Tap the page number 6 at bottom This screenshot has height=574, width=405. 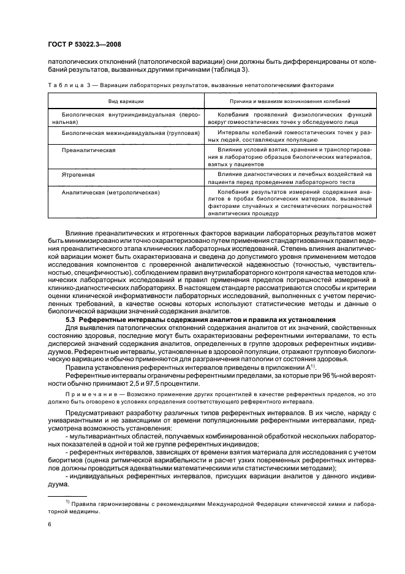click(x=50, y=525)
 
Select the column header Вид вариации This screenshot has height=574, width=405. click(x=126, y=100)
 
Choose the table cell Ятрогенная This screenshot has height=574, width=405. click(x=77, y=174)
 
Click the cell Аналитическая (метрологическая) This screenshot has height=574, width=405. click(x=111, y=192)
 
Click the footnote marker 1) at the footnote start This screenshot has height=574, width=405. click(x=69, y=502)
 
